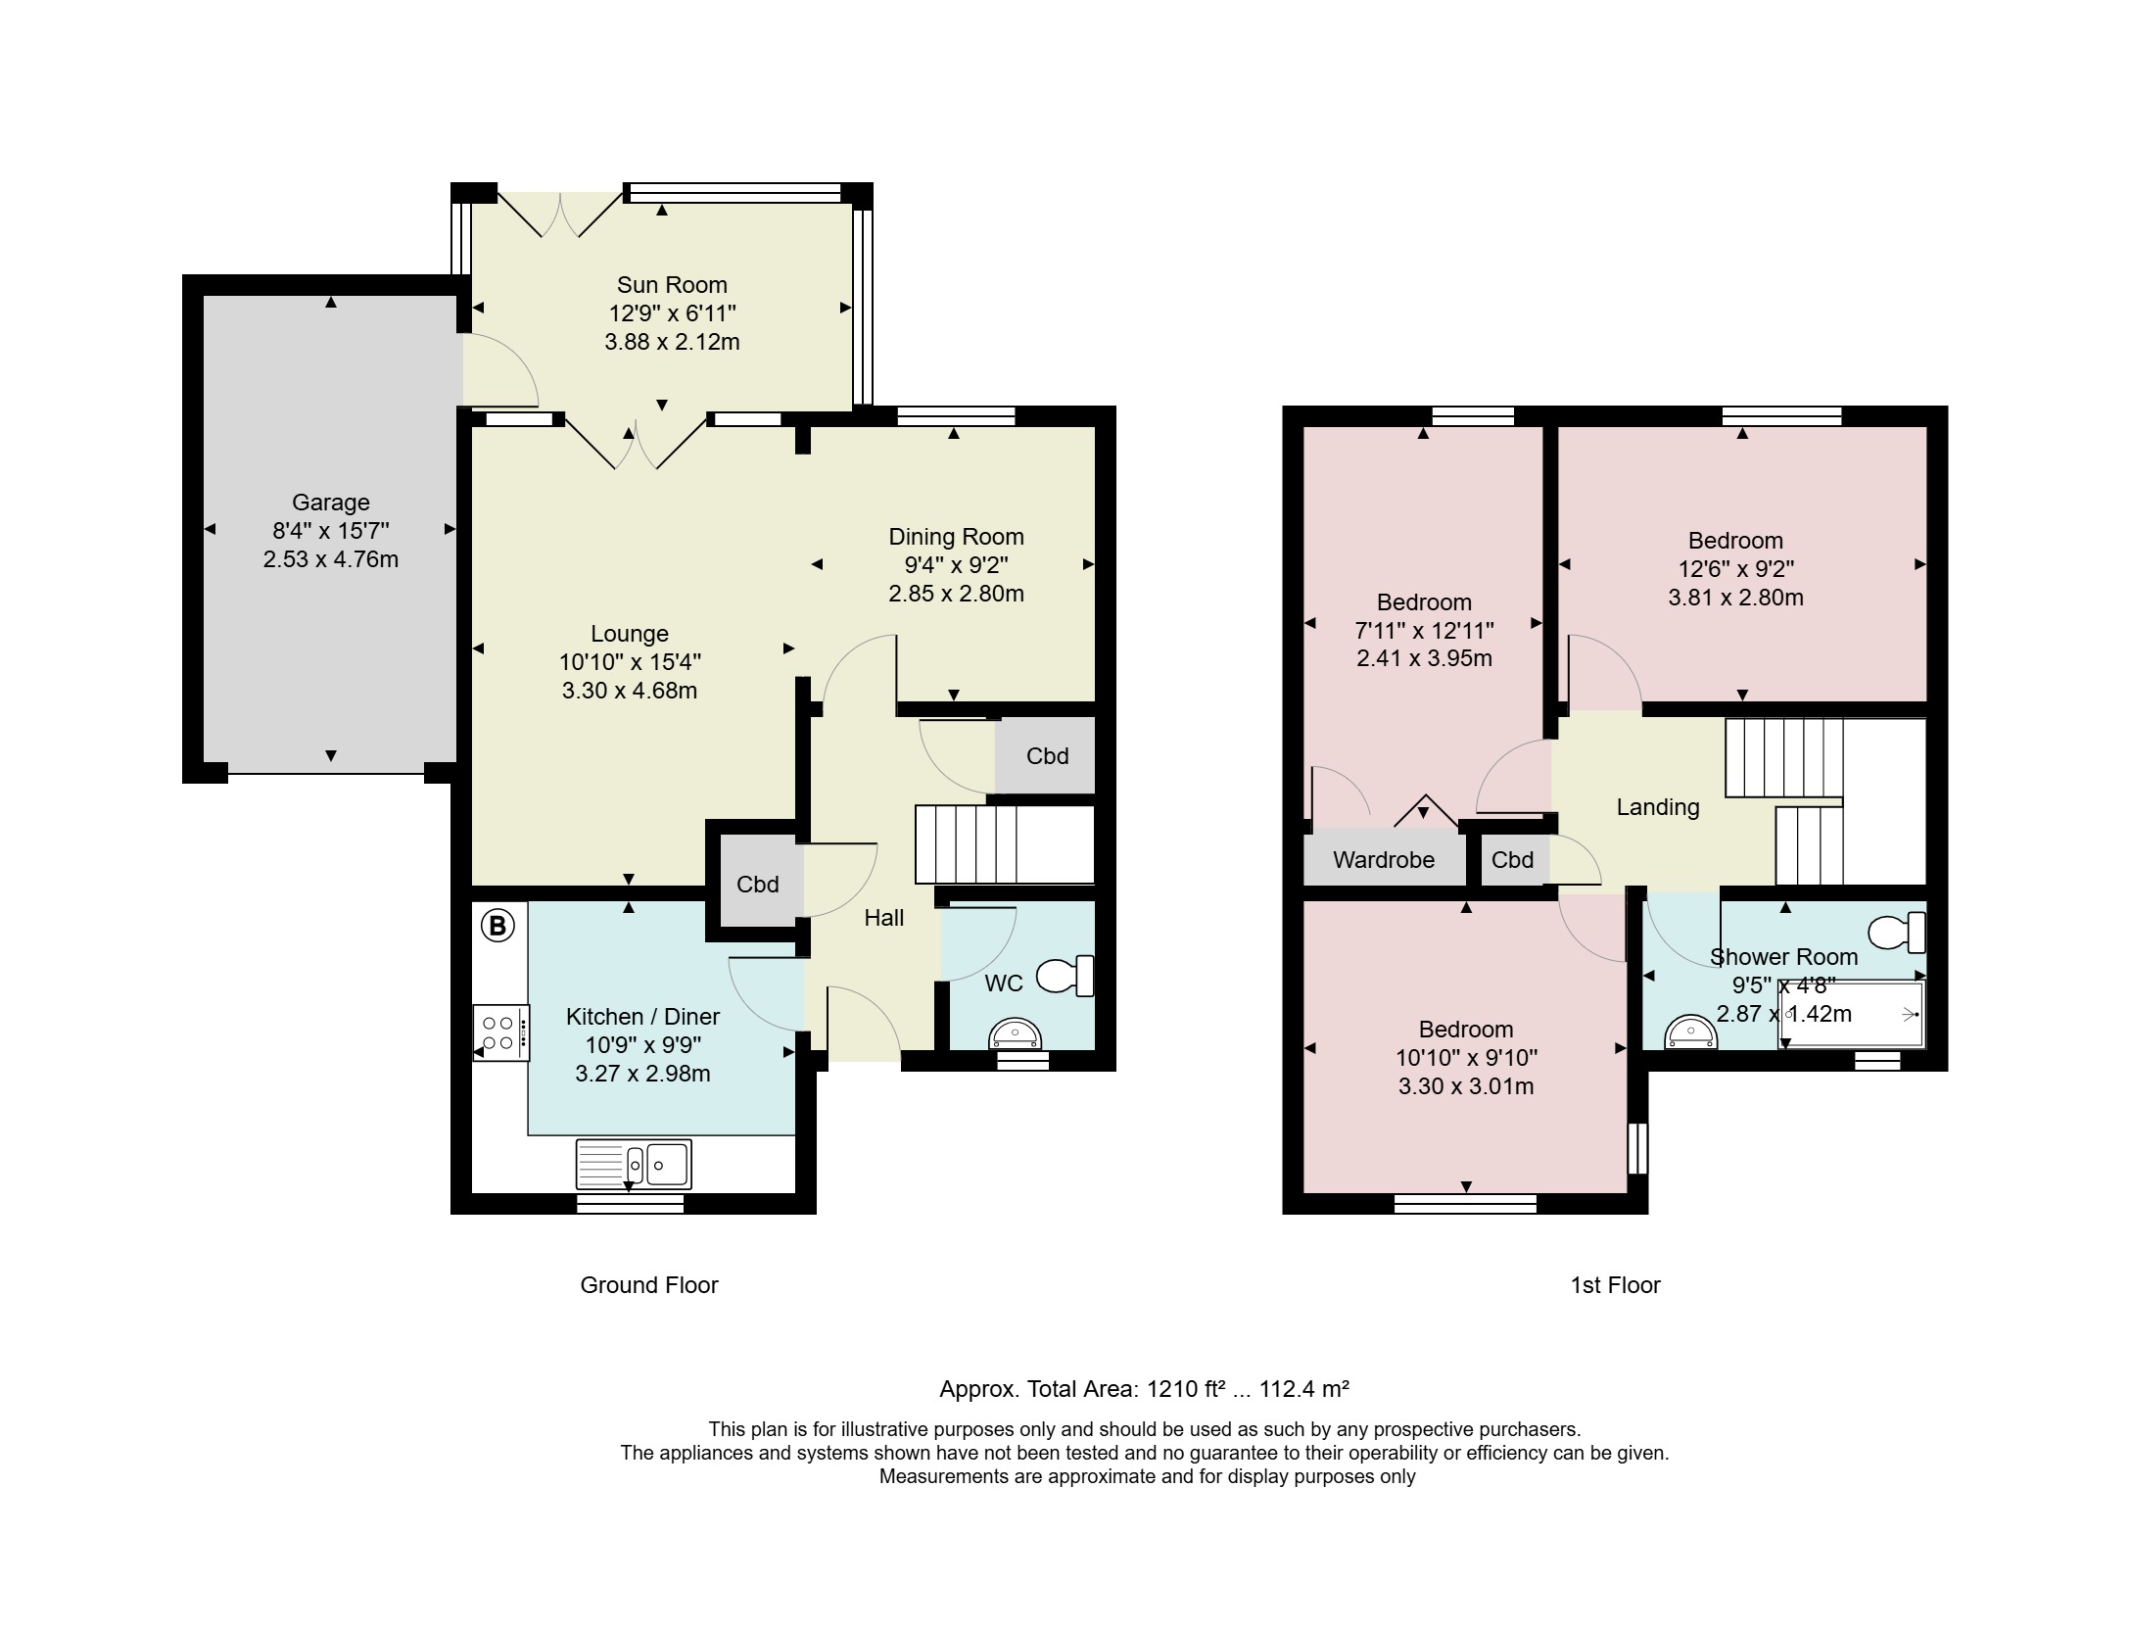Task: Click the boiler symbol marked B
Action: [497, 925]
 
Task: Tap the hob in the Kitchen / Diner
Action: [500, 1032]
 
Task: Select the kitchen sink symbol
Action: [634, 1164]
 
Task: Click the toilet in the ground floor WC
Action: [1064, 976]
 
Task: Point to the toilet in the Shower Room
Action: [1897, 932]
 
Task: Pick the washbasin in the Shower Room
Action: [1691, 1031]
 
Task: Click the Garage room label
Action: [331, 503]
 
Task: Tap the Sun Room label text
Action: [672, 285]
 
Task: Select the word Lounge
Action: [630, 634]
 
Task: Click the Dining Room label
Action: [956, 537]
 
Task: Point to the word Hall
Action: [884, 918]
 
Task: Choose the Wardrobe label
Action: [1384, 860]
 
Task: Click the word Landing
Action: [1658, 807]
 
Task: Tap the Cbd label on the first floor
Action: [1512, 860]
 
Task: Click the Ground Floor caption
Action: [649, 1285]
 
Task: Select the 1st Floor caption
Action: [1616, 1285]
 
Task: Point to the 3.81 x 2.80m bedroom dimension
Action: [1736, 598]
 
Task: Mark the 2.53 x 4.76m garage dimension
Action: [331, 559]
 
